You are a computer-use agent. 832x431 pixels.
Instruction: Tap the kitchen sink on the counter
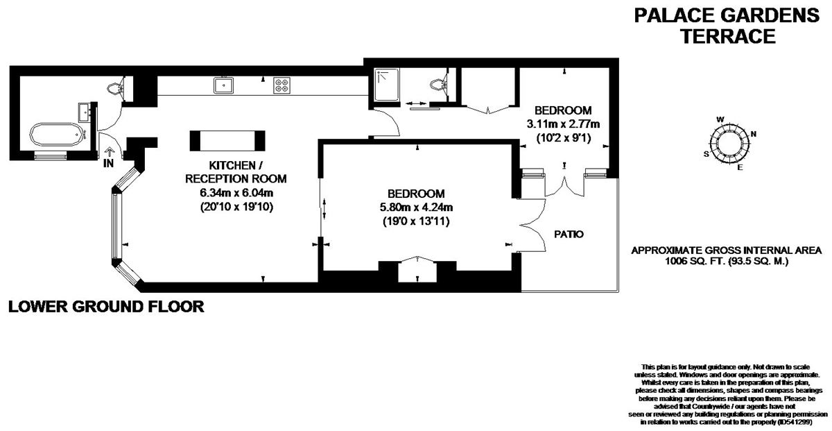[x=223, y=85]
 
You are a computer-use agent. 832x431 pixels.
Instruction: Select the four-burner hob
[x=281, y=85]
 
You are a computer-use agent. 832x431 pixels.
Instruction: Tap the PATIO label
[x=569, y=235]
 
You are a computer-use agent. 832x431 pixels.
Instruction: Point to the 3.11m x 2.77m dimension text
[x=562, y=124]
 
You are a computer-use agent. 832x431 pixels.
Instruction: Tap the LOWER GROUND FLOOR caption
[x=106, y=306]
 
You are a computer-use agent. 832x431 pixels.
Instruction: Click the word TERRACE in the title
[x=727, y=36]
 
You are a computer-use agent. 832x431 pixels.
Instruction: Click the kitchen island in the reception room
[x=227, y=140]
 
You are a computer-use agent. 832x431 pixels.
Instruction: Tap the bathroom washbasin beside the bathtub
[x=85, y=112]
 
